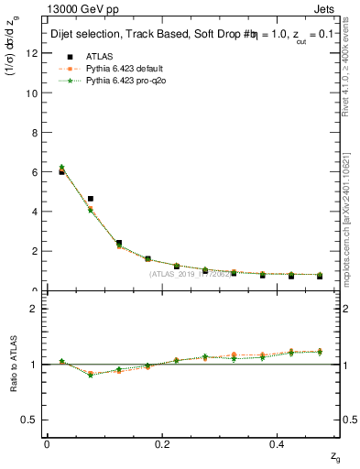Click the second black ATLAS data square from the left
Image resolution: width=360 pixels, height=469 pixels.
click(90, 199)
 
